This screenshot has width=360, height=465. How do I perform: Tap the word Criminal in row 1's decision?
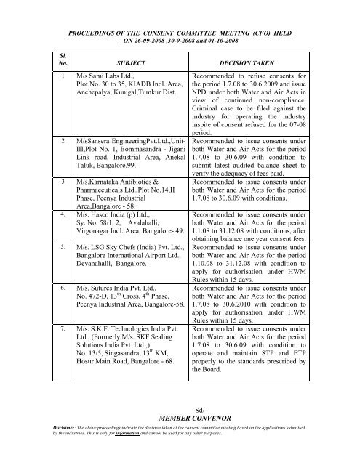[x=208, y=126]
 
